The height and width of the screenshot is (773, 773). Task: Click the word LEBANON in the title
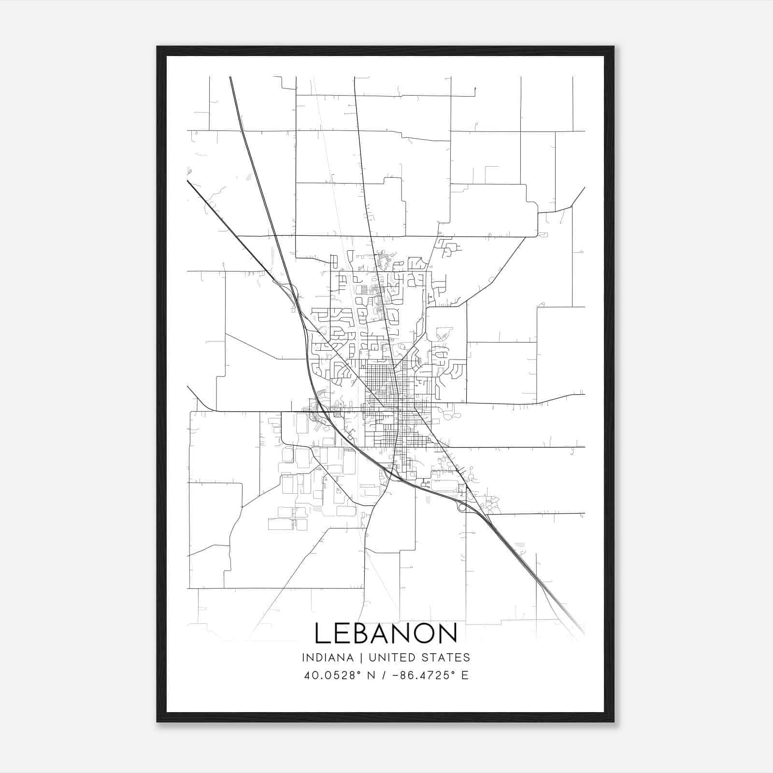386,633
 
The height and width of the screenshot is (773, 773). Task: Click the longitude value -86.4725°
425,675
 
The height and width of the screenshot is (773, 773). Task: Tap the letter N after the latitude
372,675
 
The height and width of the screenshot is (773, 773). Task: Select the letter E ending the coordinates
465,675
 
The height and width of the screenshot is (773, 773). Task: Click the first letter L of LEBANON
322,633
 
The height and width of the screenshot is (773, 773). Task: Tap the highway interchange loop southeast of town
461,506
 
